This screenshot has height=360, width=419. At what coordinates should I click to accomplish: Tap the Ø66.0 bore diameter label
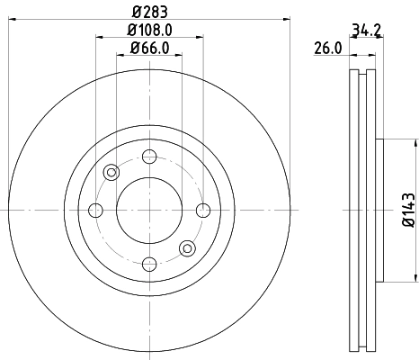point(148,47)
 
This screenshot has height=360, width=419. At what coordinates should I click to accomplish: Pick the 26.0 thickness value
point(326,48)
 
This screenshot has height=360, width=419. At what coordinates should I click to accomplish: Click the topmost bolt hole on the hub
point(148,157)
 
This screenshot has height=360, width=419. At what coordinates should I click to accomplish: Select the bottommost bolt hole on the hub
point(148,264)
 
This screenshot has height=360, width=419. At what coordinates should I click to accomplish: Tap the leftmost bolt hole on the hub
point(95,211)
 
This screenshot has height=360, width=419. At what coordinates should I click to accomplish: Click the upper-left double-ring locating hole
point(111,173)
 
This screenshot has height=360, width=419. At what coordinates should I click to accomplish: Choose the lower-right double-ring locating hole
point(186,247)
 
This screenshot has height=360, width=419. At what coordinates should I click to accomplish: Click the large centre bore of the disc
point(148,211)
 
